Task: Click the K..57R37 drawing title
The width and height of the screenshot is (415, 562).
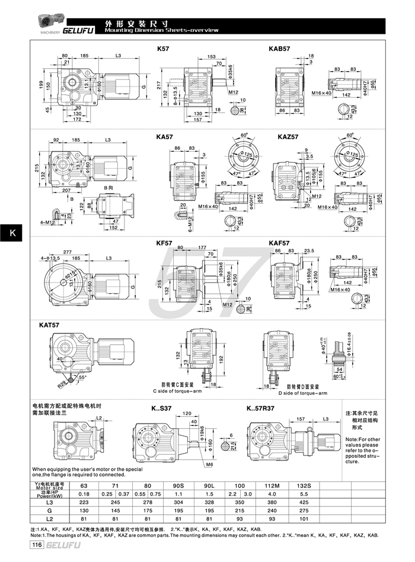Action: click(260, 408)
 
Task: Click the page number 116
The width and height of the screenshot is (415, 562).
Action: click(37, 545)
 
